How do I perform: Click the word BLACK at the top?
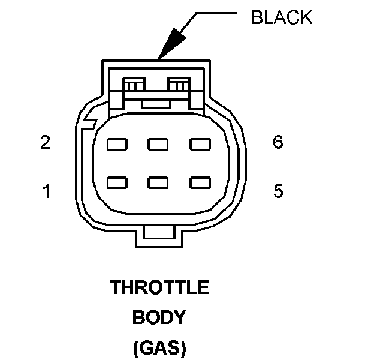tap(282, 17)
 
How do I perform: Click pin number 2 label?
tap(45, 143)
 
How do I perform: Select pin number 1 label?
tap(46, 192)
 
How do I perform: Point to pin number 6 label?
tap(278, 143)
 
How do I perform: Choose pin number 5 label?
tap(278, 192)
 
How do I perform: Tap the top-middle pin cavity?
tap(158, 144)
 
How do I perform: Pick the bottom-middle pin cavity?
tap(158, 181)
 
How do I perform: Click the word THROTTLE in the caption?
tap(159, 288)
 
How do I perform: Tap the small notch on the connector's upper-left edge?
tap(91, 123)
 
